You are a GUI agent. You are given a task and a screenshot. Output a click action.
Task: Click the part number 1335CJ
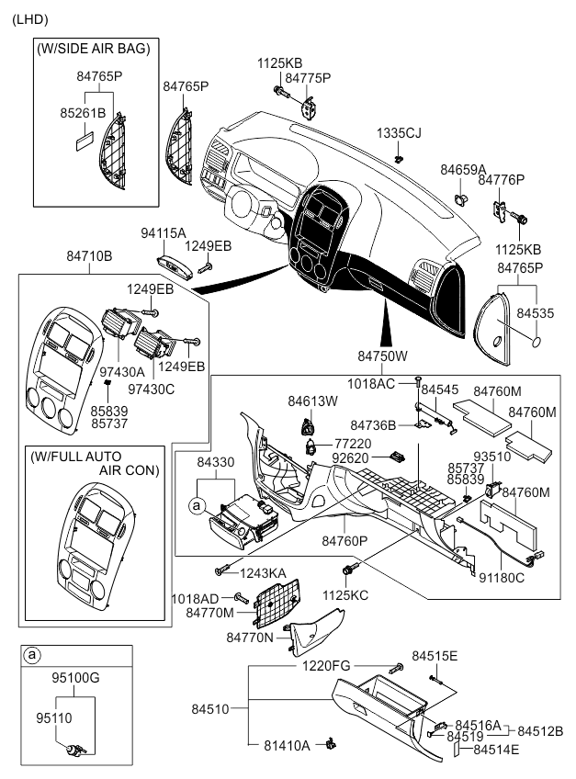[398, 133]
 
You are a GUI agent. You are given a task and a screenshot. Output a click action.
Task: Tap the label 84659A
[462, 169]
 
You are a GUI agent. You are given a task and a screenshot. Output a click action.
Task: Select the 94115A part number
[163, 233]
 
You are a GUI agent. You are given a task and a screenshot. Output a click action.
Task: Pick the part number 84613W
[312, 401]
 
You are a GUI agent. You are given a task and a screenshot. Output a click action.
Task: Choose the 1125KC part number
[346, 594]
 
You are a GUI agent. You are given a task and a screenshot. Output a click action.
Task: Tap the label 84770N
[250, 637]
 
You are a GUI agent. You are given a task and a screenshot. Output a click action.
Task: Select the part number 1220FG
[327, 665]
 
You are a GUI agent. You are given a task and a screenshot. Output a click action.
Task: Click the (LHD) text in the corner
[30, 19]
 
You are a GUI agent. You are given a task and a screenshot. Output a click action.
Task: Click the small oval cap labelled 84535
[534, 341]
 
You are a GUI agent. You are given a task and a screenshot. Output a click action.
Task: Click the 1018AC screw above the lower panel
[418, 379]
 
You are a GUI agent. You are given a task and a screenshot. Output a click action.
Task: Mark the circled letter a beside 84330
[197, 504]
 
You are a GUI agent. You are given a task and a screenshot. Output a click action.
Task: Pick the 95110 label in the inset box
[54, 715]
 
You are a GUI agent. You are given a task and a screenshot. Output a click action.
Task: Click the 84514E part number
[496, 750]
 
